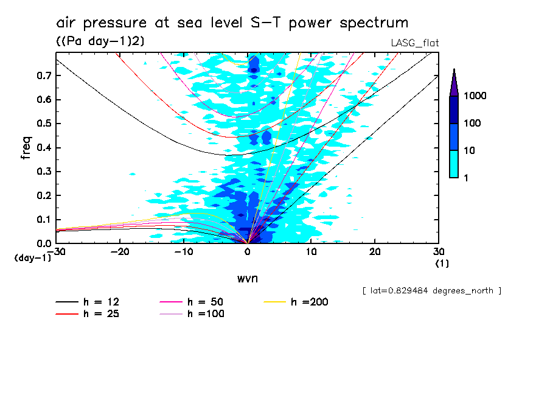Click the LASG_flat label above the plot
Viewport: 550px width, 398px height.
pyautogui.click(x=414, y=43)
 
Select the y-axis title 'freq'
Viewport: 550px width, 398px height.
pyautogui.click(x=26, y=148)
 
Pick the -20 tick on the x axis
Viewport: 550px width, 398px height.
pyautogui.click(x=120, y=251)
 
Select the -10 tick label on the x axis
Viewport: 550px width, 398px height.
pyautogui.click(x=183, y=251)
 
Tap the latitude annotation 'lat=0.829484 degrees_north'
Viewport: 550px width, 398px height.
pyautogui.click(x=431, y=291)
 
